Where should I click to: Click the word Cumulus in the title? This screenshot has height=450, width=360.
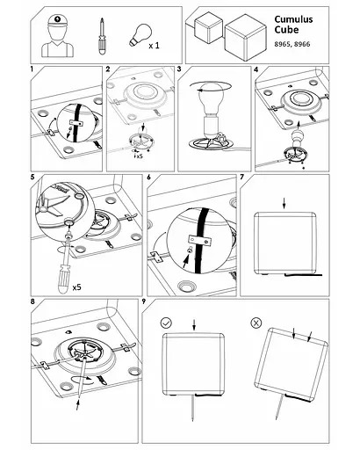(x=293, y=19)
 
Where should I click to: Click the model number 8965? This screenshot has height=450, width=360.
(x=282, y=44)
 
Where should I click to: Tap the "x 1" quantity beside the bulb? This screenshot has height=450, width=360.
(x=154, y=46)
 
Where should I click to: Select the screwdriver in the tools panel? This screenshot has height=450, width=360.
(x=101, y=36)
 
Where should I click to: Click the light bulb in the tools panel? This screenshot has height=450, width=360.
(x=140, y=35)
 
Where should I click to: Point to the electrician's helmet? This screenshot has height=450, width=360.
(x=58, y=20)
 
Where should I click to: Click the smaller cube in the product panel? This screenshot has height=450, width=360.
(x=208, y=28)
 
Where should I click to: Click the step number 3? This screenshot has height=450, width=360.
(x=179, y=69)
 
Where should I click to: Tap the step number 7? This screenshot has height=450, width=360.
(x=242, y=177)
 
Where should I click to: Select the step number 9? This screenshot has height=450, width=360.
(x=144, y=301)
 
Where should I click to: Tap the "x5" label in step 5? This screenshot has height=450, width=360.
(x=76, y=287)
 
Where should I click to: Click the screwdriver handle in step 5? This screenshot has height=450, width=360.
(x=65, y=279)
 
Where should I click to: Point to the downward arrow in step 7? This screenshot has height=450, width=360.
(x=284, y=203)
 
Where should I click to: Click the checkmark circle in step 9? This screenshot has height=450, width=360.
(x=166, y=323)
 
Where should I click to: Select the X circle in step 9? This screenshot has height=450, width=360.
(x=256, y=323)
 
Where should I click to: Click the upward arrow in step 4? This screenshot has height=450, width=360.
(x=299, y=127)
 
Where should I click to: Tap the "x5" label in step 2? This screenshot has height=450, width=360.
(x=139, y=156)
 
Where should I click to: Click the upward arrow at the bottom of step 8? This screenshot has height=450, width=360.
(x=78, y=403)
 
